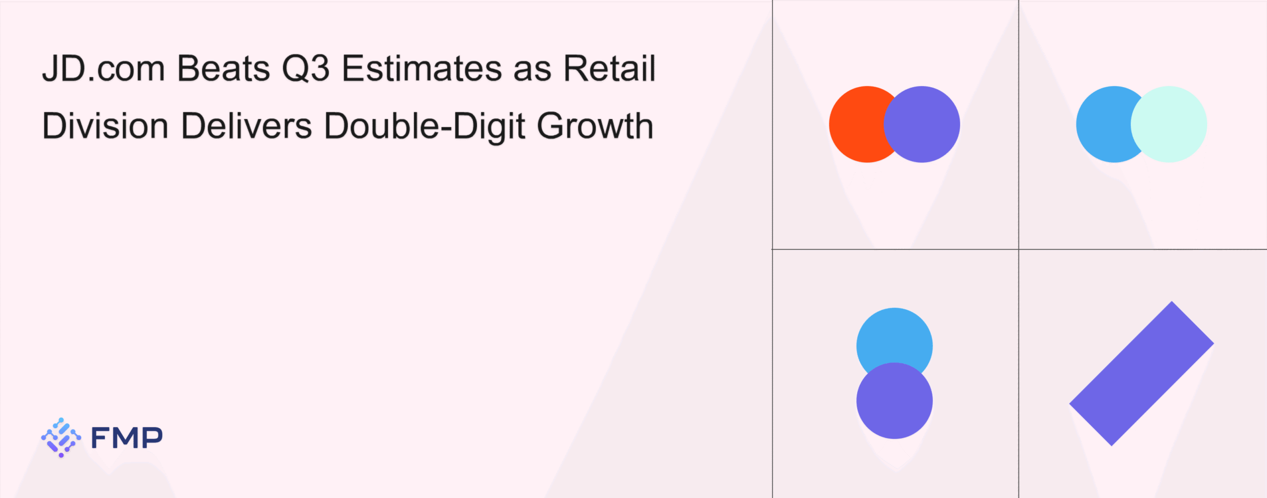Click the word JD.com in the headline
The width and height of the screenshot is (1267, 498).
[x=103, y=68]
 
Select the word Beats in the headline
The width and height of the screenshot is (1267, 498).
[x=224, y=68]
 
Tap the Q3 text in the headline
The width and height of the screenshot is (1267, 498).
[x=306, y=68]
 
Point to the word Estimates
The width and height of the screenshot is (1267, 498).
[x=422, y=68]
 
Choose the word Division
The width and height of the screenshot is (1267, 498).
[x=105, y=126]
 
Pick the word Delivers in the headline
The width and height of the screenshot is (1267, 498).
[x=247, y=126]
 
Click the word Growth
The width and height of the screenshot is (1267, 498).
[x=595, y=126]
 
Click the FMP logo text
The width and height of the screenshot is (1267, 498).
[x=127, y=438]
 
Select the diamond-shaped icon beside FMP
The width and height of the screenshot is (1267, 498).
[x=61, y=438]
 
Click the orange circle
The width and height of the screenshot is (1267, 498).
[x=861, y=124]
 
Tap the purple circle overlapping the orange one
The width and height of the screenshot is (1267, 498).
[x=922, y=124]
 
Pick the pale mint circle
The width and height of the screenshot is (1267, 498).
[x=1169, y=124]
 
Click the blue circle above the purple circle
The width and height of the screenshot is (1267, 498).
[x=894, y=337]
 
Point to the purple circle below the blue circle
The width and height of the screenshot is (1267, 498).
[x=894, y=401]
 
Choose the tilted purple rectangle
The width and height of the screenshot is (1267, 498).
[x=1141, y=374]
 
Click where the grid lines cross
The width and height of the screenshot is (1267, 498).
[x=1019, y=249]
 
